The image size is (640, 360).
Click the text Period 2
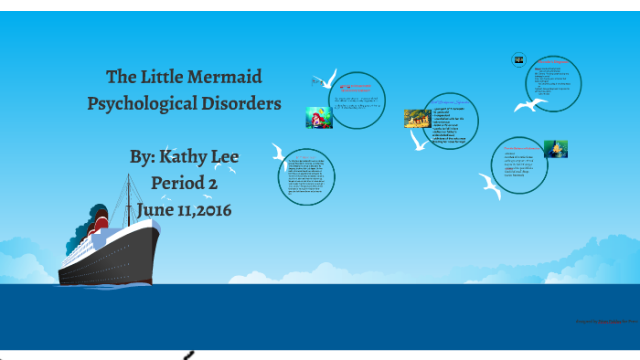click(185, 183)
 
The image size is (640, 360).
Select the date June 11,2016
click(184, 209)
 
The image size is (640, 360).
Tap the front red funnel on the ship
click(101, 222)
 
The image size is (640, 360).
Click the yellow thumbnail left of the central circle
click(417, 119)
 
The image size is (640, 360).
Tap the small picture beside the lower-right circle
click(555, 148)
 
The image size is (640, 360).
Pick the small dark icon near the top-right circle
click(518, 60)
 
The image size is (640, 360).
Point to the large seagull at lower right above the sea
click(490, 188)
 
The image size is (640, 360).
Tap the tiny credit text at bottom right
click(604, 322)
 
